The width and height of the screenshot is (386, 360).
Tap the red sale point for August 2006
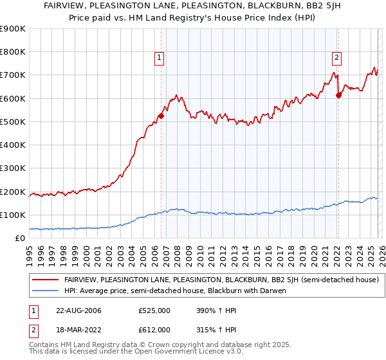pos(161,116)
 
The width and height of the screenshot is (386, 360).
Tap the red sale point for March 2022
pos(338,96)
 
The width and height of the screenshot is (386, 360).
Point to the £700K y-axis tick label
pos(14,75)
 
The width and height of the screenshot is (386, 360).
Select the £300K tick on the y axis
pos(14,168)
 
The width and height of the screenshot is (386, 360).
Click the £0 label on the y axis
pos(20,239)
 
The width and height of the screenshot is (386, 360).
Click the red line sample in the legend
pos(46,280)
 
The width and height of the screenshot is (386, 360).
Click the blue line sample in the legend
pos(46,291)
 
